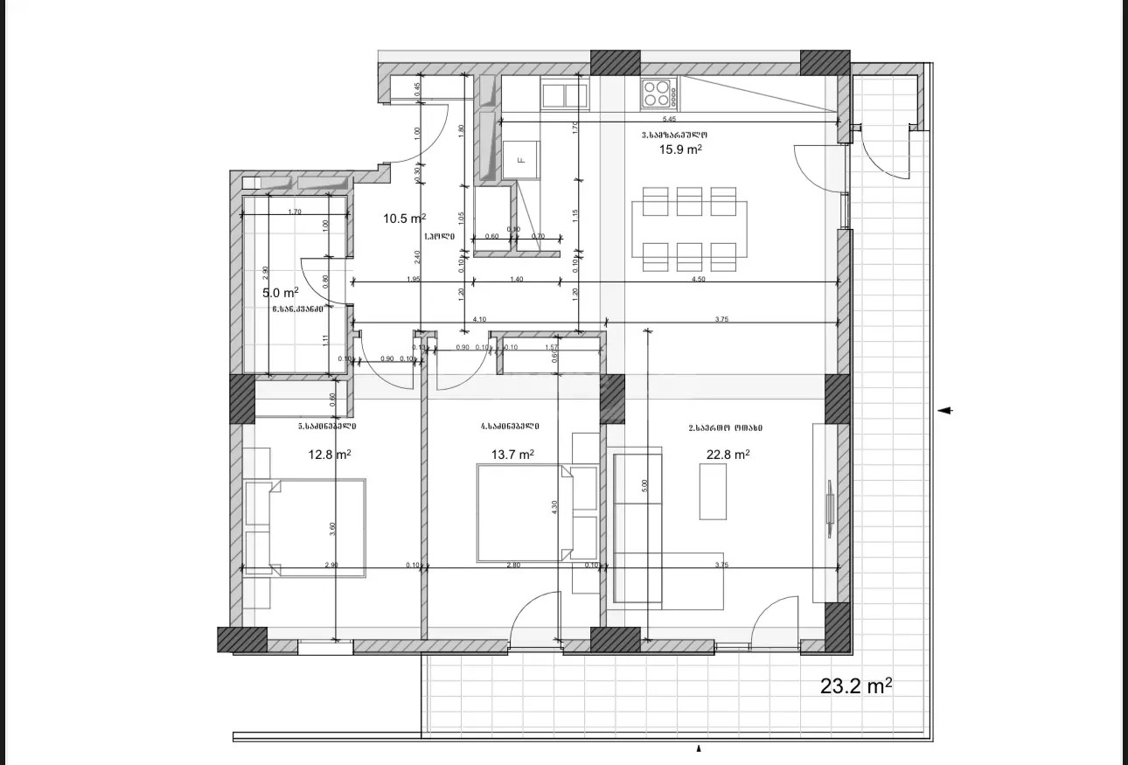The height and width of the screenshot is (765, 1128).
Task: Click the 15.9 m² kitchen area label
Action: [681, 150]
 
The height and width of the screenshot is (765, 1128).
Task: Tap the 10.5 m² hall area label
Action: [404, 219]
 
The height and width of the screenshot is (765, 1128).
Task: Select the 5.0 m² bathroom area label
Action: [281, 292]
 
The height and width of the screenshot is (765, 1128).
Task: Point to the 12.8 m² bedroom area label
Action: [330, 454]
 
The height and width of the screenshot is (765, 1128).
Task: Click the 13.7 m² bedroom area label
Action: [513, 454]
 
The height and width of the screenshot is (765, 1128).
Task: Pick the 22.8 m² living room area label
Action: [728, 454]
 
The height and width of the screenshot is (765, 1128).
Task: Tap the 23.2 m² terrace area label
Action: [856, 686]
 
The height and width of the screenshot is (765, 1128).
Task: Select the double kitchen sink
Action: [565, 94]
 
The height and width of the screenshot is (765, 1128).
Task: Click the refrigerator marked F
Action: [521, 160]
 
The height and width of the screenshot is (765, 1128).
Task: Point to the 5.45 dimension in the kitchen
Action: [669, 119]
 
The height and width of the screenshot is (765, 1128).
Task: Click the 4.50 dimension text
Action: [699, 279]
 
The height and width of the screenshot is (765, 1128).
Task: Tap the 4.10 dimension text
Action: [479, 320]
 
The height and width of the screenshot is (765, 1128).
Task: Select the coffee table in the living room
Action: [714, 490]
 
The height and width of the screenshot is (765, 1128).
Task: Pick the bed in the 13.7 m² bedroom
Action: [523, 512]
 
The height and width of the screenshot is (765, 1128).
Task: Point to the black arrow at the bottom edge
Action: [698, 749]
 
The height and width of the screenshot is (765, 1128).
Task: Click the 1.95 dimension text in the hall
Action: [414, 279]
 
